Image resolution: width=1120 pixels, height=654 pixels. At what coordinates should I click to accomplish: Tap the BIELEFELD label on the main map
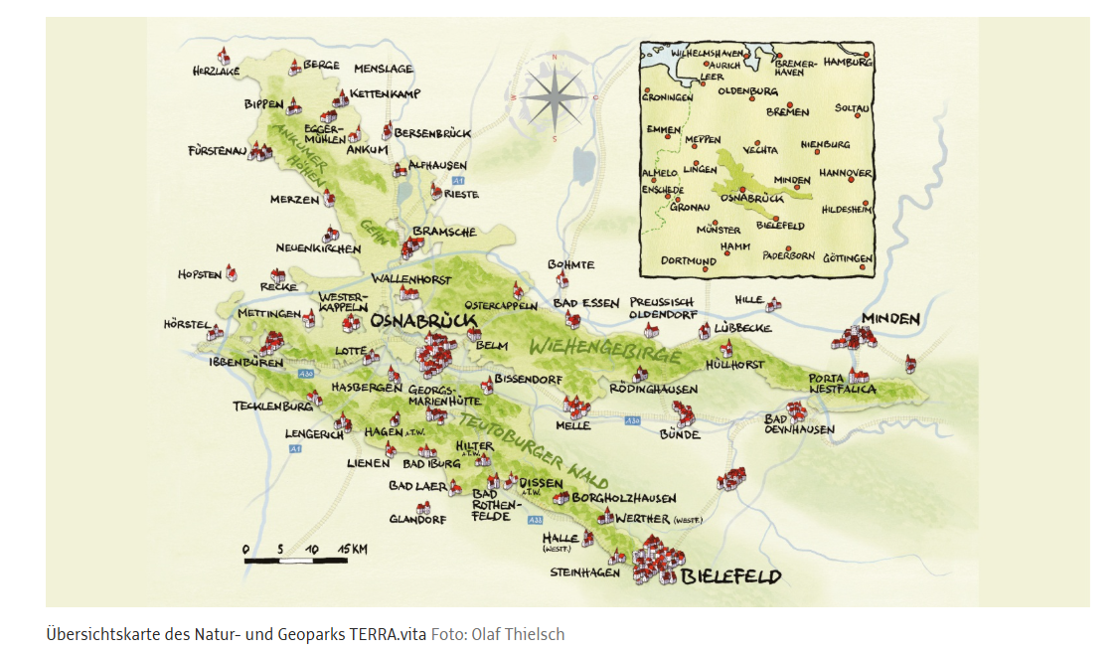(x=731, y=576)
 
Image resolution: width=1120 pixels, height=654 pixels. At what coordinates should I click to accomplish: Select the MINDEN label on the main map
(x=890, y=319)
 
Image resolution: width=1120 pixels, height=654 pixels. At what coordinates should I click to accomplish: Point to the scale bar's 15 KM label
(x=354, y=549)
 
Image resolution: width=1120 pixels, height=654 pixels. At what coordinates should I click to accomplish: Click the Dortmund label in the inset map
(x=689, y=260)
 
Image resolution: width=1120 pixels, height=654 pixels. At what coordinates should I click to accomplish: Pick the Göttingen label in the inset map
(x=847, y=258)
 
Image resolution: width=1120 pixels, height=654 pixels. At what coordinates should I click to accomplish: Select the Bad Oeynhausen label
(x=798, y=424)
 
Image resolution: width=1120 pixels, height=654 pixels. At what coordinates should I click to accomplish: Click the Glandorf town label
(x=414, y=519)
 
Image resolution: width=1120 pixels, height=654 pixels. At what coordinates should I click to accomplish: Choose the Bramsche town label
(x=444, y=232)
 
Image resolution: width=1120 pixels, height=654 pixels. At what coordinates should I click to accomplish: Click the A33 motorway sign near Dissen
(x=536, y=519)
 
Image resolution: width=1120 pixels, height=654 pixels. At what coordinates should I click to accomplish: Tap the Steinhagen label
(x=585, y=572)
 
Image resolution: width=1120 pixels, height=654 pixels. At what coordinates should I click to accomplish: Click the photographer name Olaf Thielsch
(x=518, y=634)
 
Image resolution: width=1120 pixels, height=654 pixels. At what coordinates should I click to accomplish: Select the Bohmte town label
(x=570, y=264)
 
